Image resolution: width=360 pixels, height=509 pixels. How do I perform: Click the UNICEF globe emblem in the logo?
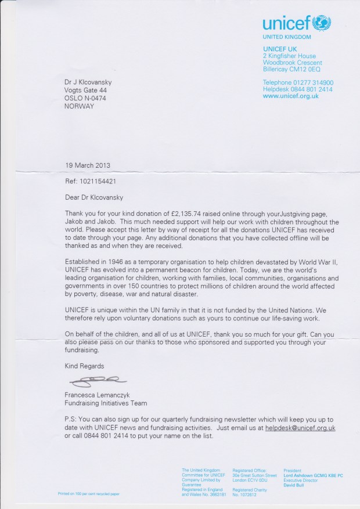tap(322, 23)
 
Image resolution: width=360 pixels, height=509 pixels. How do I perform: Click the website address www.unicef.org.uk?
tap(290, 96)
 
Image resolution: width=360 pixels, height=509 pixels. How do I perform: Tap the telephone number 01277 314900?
tap(313, 83)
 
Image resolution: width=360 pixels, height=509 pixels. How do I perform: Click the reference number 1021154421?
tap(98, 181)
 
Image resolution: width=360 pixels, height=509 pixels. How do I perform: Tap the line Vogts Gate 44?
tap(85, 91)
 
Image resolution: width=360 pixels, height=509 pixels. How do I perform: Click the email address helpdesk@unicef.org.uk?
tap(300, 428)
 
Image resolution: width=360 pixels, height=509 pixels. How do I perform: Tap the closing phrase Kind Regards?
tap(84, 366)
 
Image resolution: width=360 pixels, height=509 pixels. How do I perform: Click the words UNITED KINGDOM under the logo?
tap(287, 37)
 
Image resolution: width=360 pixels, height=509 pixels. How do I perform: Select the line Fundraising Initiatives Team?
tap(106, 403)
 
